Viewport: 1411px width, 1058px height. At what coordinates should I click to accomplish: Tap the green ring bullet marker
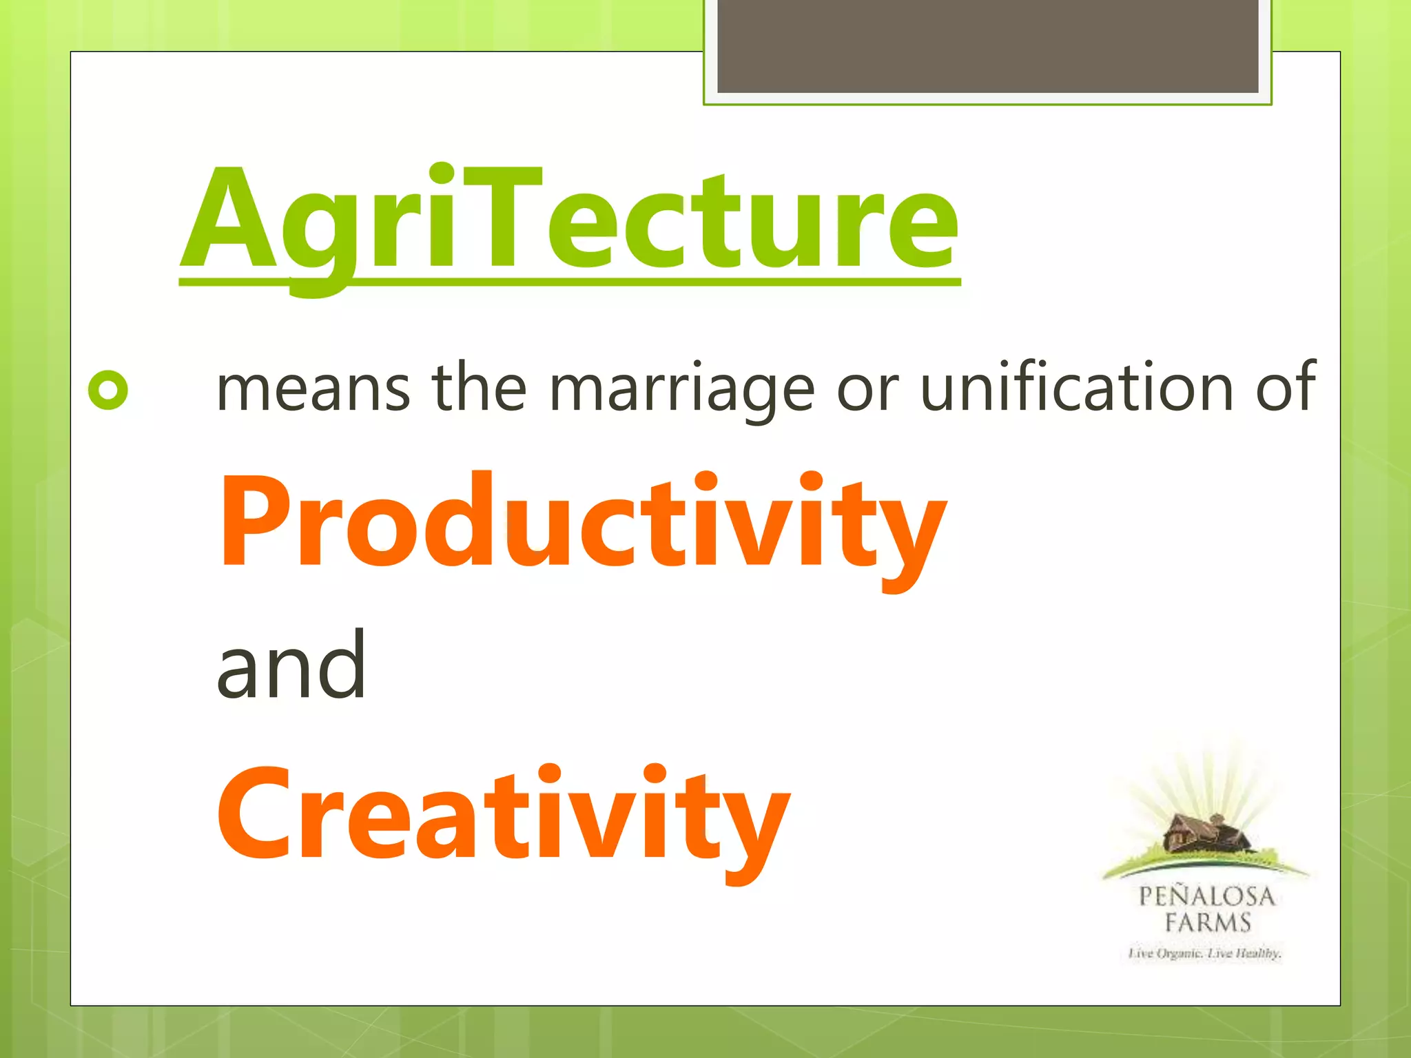tap(108, 391)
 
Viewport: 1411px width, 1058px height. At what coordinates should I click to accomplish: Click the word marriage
tap(681, 389)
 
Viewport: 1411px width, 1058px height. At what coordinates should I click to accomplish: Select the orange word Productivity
tap(582, 523)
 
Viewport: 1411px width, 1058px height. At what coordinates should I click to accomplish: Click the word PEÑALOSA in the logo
tap(1206, 896)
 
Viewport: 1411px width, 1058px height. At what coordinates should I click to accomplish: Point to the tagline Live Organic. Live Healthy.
tap(1204, 953)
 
